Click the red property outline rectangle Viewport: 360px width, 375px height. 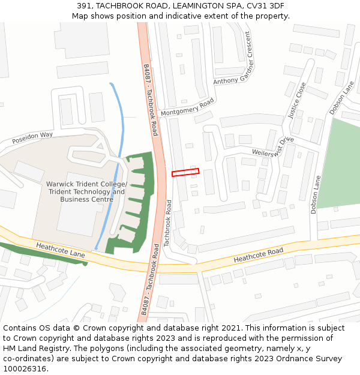point(185,172)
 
